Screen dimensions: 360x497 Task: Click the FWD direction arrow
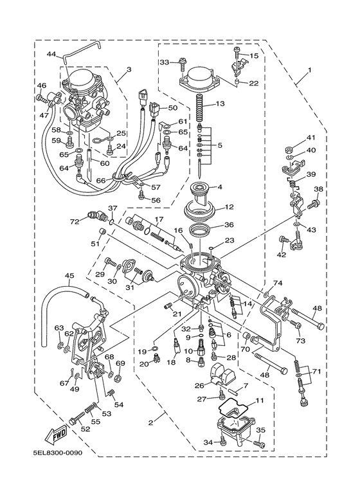(x=57, y=435)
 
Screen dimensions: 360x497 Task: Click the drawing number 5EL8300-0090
(x=58, y=453)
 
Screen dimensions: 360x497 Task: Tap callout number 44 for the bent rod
(x=51, y=54)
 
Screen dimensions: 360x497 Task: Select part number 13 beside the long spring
(x=221, y=104)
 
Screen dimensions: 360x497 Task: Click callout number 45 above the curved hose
(x=69, y=276)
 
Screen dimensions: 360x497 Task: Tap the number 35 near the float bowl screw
(x=260, y=430)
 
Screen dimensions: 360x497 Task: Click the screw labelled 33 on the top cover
(x=183, y=64)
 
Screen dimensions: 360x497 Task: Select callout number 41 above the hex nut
(x=311, y=138)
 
